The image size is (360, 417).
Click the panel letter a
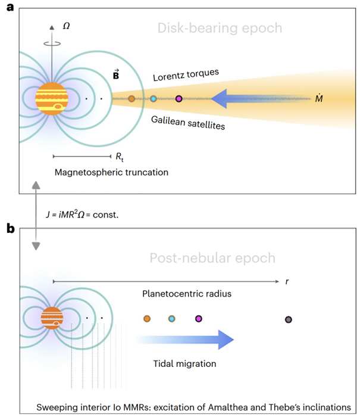(10, 7)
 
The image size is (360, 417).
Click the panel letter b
(11, 228)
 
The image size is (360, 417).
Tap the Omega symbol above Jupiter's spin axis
(66, 26)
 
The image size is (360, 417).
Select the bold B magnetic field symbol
(116, 74)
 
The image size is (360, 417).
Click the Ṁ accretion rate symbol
(319, 98)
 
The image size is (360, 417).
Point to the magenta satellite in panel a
(179, 99)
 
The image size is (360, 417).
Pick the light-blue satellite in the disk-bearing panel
(154, 99)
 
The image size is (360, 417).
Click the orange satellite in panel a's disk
(132, 99)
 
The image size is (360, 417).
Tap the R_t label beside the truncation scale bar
(120, 157)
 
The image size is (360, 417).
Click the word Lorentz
(168, 77)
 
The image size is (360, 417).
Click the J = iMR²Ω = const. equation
(82, 214)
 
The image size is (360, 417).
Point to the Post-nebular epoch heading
(212, 258)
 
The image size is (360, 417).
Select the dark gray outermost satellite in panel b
(288, 319)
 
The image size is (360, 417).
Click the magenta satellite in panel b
(199, 319)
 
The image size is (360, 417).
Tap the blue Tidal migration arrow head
(226, 340)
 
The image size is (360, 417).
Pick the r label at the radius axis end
(287, 281)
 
